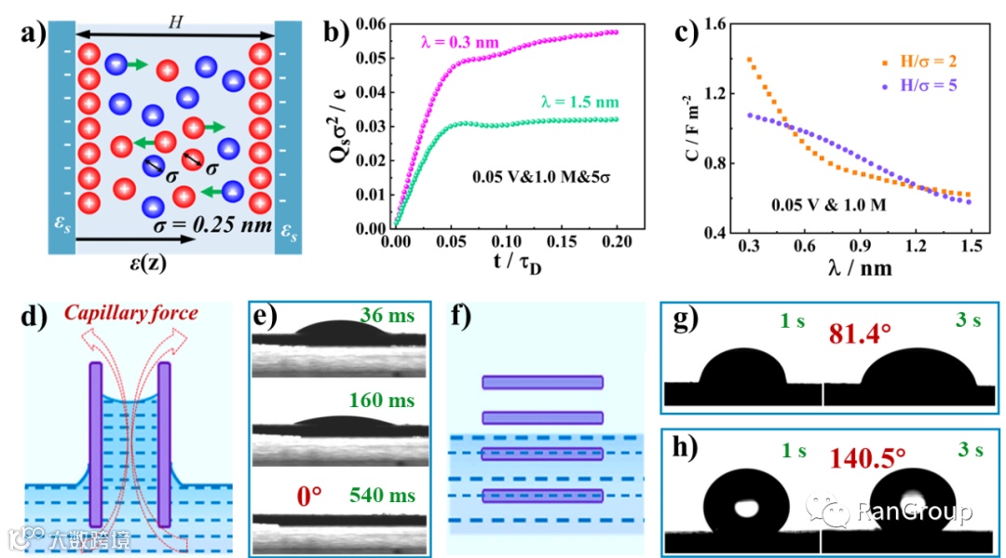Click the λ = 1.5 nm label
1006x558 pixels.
point(579,102)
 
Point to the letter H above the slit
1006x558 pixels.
point(170,21)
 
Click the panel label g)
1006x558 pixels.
point(684,321)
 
